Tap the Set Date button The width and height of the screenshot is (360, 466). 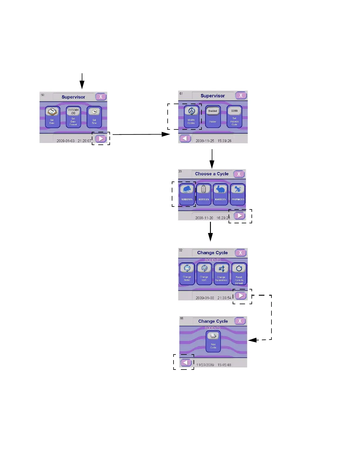click(x=52, y=117)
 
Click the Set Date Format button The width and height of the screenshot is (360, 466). click(x=73, y=117)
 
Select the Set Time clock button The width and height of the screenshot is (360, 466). click(x=94, y=117)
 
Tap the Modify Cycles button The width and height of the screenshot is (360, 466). click(x=191, y=116)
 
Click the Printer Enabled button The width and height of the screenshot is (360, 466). click(x=213, y=116)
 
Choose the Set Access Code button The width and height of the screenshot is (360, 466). click(x=234, y=116)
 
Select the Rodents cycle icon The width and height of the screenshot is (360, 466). click(x=187, y=194)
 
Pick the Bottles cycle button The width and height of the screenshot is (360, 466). click(x=204, y=194)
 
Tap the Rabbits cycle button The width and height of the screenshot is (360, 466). click(x=220, y=194)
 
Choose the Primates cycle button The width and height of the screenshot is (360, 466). click(x=238, y=194)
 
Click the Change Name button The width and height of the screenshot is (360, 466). click(x=187, y=274)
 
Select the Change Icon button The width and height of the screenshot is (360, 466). click(x=204, y=274)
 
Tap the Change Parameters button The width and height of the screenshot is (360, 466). click(x=221, y=274)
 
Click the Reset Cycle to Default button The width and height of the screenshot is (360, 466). click(x=239, y=274)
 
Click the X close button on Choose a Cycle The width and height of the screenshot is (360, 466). click(x=239, y=174)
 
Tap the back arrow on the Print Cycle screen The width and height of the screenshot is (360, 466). click(x=186, y=363)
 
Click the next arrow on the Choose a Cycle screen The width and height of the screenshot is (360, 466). click(x=240, y=216)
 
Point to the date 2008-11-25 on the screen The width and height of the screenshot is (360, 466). click(x=205, y=141)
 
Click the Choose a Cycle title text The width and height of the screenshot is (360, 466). click(x=212, y=174)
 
